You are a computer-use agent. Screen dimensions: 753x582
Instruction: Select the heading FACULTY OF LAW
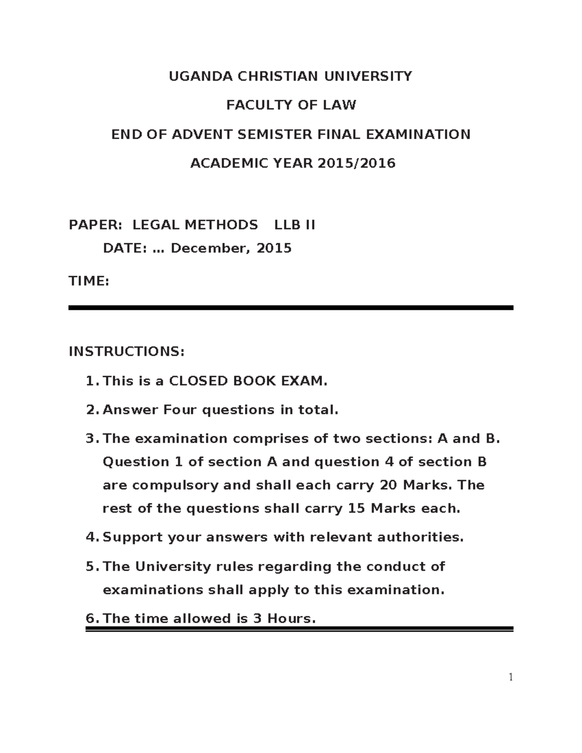[291, 105]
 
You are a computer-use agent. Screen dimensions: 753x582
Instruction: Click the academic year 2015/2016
[356, 163]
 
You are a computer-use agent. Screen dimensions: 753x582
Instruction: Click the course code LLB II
[295, 225]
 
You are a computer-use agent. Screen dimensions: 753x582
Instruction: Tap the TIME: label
[89, 281]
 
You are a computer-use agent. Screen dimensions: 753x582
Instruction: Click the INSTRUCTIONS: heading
[127, 351]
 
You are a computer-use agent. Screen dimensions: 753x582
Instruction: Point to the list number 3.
[91, 439]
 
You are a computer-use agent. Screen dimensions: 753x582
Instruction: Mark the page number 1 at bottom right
[510, 677]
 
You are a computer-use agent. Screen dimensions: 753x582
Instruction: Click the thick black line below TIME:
[291, 307]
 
